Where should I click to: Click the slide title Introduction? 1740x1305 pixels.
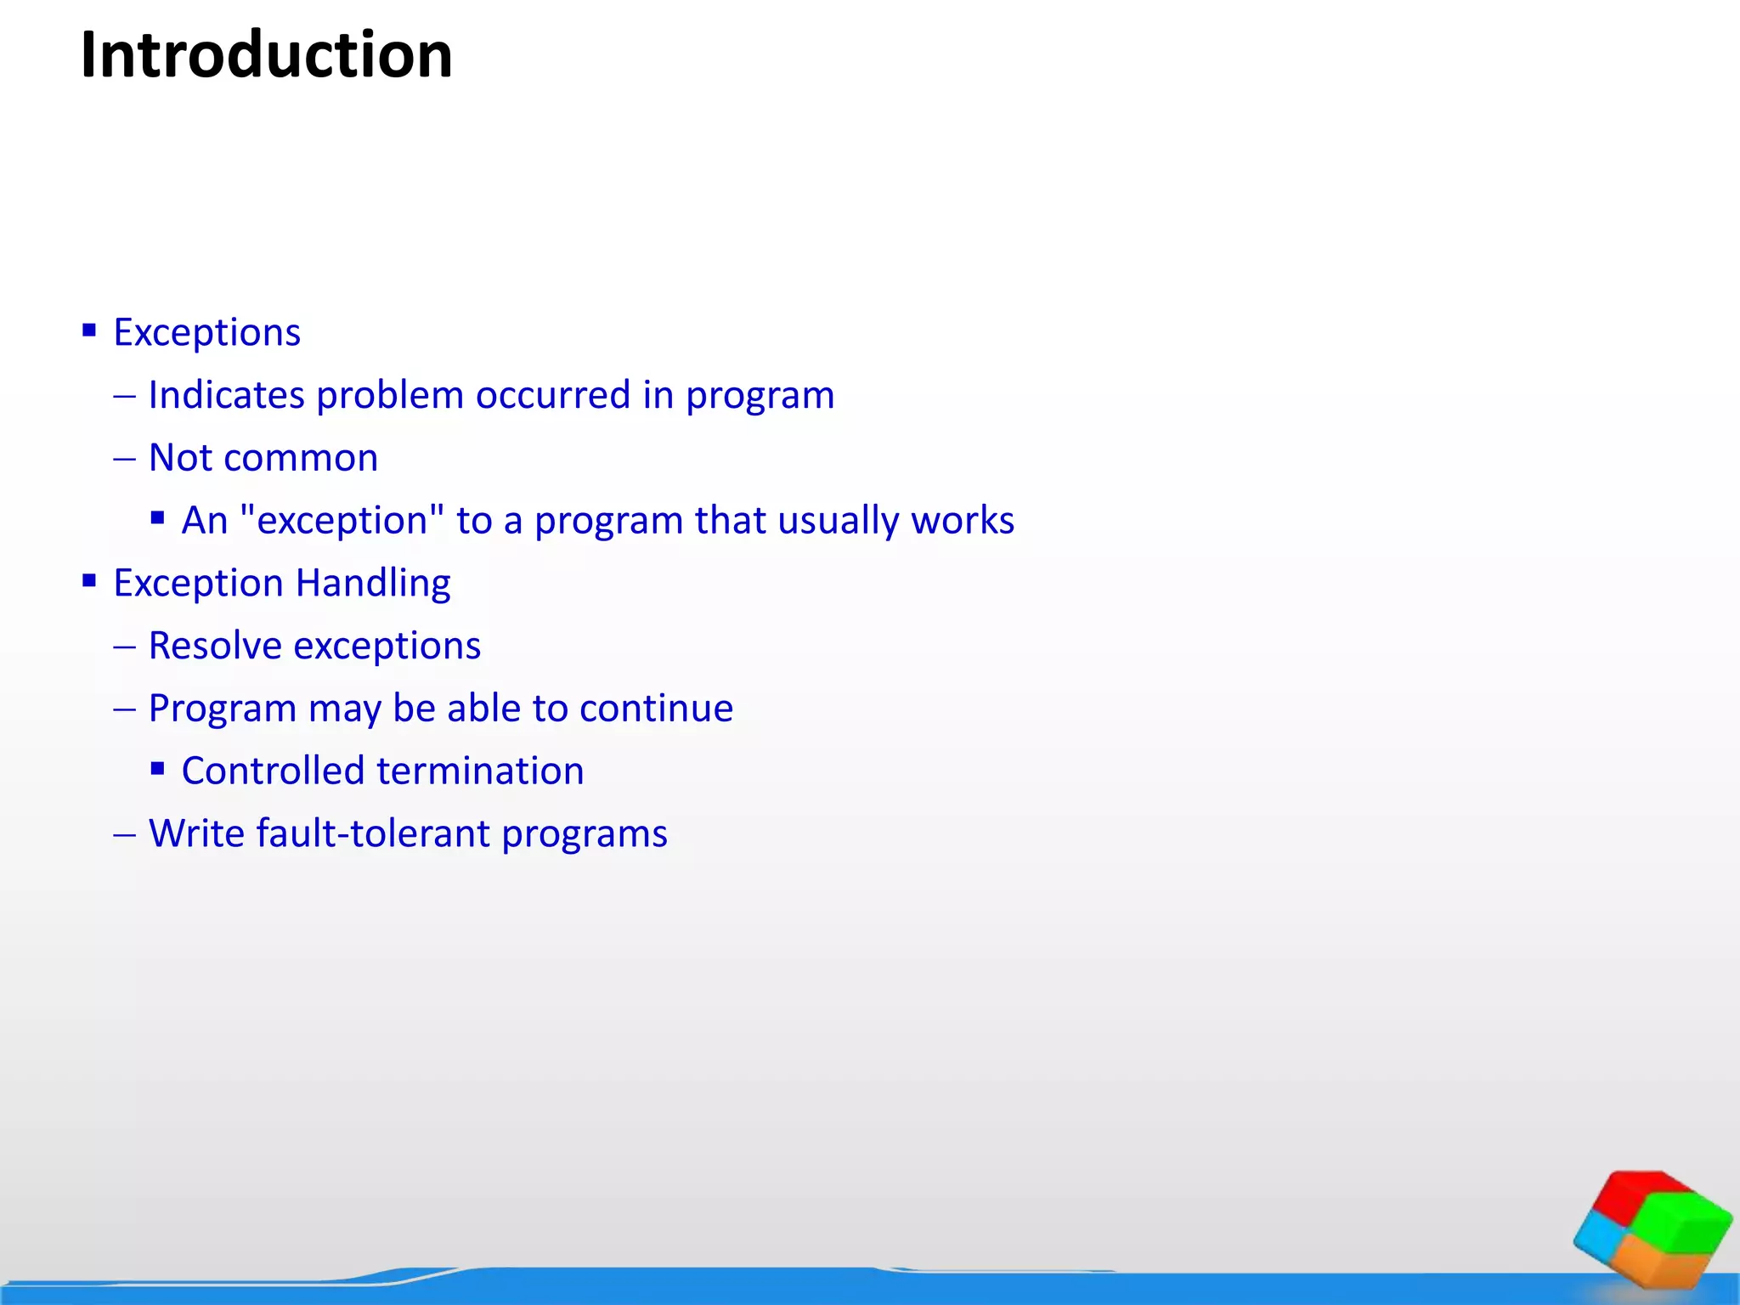pyautogui.click(x=266, y=55)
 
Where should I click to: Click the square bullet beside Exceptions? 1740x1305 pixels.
pyautogui.click(x=89, y=330)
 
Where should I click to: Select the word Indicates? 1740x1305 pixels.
pyautogui.click(x=227, y=395)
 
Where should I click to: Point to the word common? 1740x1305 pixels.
pyautogui.click(x=300, y=458)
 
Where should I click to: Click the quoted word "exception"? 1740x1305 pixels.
pyautogui.click(x=342, y=520)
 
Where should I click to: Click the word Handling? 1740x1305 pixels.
pyautogui.click(x=373, y=584)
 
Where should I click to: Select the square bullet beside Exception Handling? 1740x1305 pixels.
pyautogui.click(x=89, y=581)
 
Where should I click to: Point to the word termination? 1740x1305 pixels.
pyautogui.click(x=480, y=771)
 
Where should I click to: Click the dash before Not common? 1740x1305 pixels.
pyautogui.click(x=124, y=459)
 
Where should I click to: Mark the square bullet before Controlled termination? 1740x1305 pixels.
pyautogui.click(x=157, y=770)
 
